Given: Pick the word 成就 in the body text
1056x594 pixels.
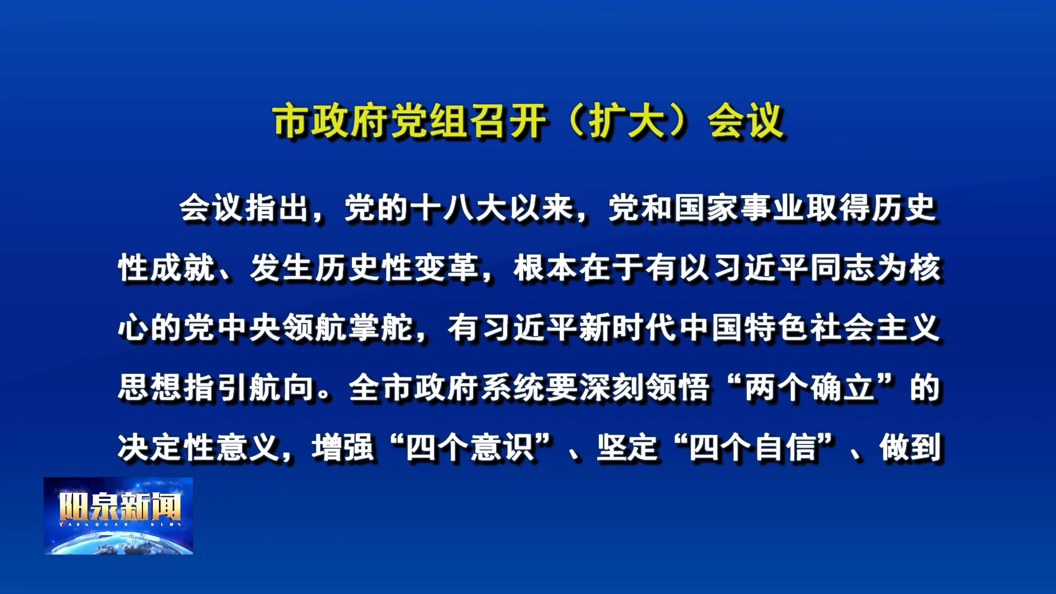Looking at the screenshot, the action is (x=184, y=268).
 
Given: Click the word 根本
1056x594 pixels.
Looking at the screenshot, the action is (x=546, y=268).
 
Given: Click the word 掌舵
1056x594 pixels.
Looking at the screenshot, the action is (x=381, y=328).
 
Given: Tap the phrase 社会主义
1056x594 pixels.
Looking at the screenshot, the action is (x=876, y=328).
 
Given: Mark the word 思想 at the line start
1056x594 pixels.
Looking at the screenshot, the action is (x=151, y=388).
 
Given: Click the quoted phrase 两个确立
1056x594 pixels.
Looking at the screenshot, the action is (x=810, y=388).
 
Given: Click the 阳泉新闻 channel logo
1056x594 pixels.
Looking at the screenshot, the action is (x=118, y=515).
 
